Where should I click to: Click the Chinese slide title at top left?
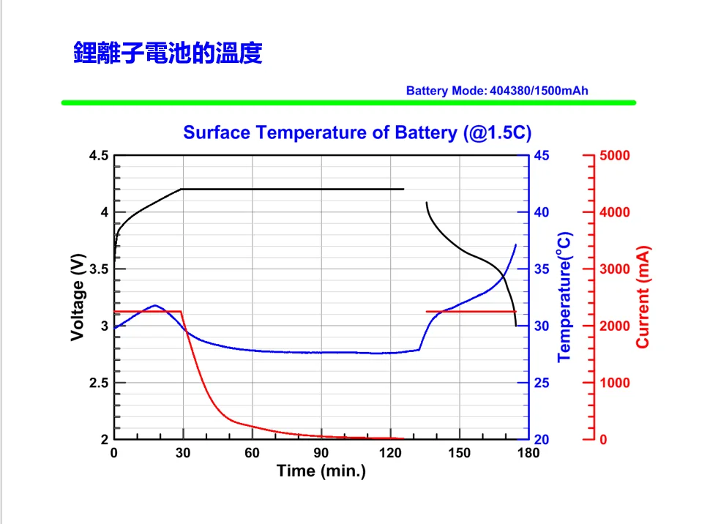click(x=168, y=53)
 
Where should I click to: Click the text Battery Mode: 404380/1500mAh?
click(x=497, y=91)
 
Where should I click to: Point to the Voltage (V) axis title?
click(x=77, y=297)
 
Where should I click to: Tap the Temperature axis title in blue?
click(x=564, y=296)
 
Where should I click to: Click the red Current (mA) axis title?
click(x=643, y=297)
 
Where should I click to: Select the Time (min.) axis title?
click(x=321, y=471)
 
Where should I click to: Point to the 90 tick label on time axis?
click(x=321, y=453)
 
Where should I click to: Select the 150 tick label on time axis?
click(x=459, y=453)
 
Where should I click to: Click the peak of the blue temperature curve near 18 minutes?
click(x=155, y=305)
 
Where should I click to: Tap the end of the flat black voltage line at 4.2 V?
click(x=403, y=189)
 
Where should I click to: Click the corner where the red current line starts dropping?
click(x=182, y=312)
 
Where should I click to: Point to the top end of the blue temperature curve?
click(x=516, y=244)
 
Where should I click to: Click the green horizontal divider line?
click(x=348, y=103)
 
